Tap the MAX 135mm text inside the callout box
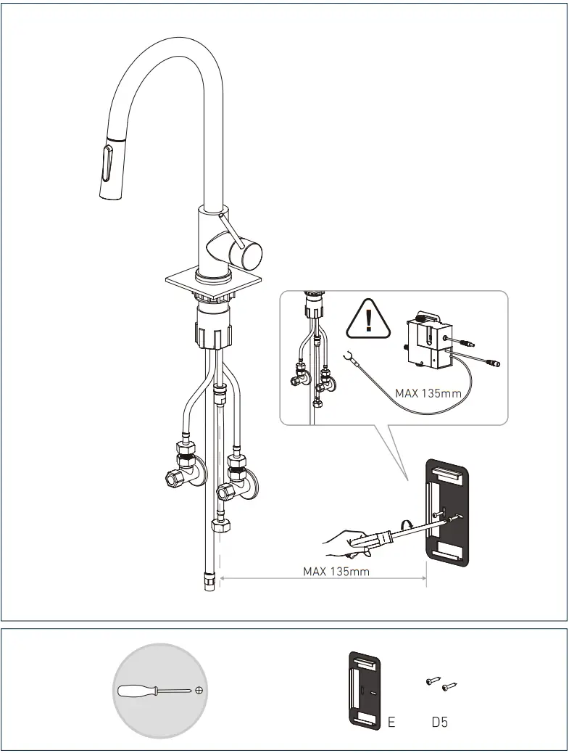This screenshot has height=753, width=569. coord(428,393)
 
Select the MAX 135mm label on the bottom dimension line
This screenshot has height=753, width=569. coord(336,571)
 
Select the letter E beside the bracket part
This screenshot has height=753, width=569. coord(391,723)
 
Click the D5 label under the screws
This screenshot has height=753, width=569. coord(439,723)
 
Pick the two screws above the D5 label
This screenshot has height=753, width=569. coord(441,683)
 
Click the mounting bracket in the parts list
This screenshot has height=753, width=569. coord(364,690)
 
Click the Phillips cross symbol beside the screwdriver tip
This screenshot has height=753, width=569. coord(199,690)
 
